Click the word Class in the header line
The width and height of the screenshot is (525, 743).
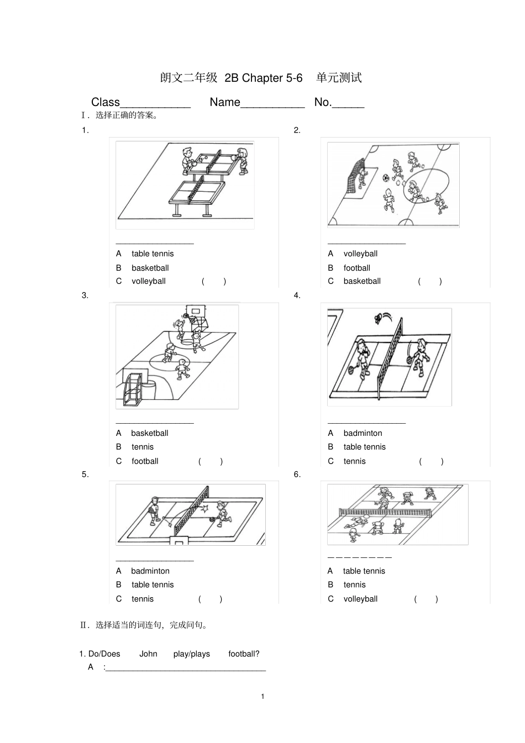(106, 102)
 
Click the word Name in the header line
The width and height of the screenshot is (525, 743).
(225, 102)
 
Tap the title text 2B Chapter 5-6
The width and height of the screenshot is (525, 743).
(264, 78)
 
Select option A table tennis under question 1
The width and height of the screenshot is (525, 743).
(152, 254)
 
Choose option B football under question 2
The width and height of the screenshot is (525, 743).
(356, 268)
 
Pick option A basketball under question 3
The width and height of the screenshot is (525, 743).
(149, 433)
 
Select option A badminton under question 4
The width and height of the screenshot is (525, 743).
(363, 433)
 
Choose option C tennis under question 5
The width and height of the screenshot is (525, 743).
(142, 599)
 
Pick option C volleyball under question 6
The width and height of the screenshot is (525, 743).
(360, 599)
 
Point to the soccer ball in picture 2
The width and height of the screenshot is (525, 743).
(386, 178)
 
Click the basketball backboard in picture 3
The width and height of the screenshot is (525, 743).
(195, 312)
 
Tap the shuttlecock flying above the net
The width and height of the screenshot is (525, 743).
(379, 318)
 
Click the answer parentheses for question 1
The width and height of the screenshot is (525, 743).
(214, 281)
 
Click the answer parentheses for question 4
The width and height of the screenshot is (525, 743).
(431, 461)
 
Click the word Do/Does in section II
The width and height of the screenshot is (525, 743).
(104, 654)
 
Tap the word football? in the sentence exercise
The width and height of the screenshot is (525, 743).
(244, 654)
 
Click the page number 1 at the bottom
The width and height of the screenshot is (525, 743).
(262, 696)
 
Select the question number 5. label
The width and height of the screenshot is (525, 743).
(85, 475)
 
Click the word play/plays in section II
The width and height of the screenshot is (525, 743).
(191, 654)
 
